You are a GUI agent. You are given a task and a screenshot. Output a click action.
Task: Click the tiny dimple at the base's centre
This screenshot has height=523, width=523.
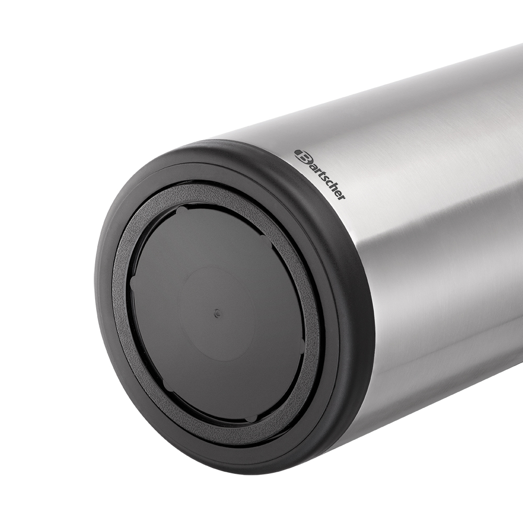click(x=218, y=313)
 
